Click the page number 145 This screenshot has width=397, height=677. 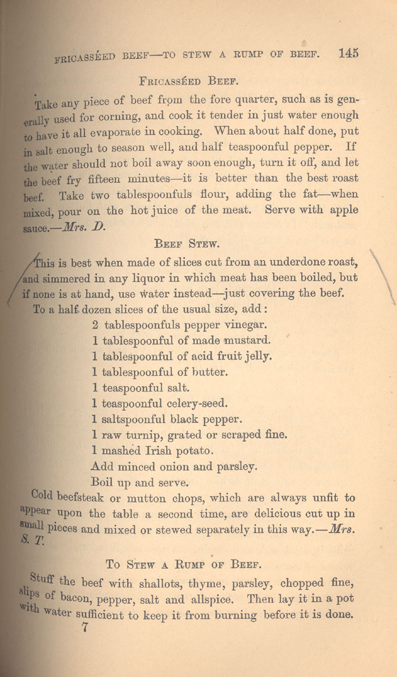pyautogui.click(x=348, y=53)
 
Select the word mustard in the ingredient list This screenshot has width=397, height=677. pyautogui.click(x=239, y=341)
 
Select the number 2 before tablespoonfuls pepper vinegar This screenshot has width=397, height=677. pyautogui.click(x=95, y=325)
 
